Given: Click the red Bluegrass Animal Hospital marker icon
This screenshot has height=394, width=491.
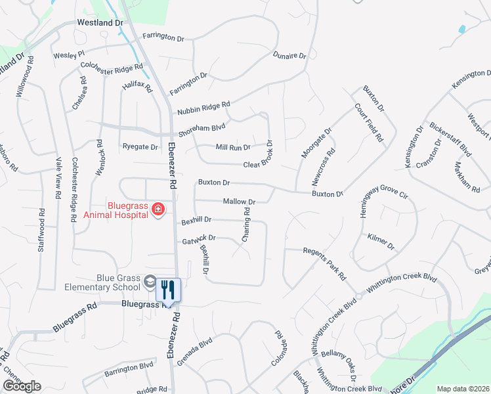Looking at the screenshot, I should tap(158, 209).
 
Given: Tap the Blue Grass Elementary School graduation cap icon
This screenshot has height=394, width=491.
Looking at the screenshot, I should tap(150, 282).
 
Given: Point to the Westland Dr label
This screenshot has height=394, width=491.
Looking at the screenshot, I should tap(100, 22).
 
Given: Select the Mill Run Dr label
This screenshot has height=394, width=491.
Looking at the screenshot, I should tap(233, 147).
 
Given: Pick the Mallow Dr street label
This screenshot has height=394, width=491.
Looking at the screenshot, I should tap(239, 202).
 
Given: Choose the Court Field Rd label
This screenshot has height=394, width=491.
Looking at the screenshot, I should tap(368, 122).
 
